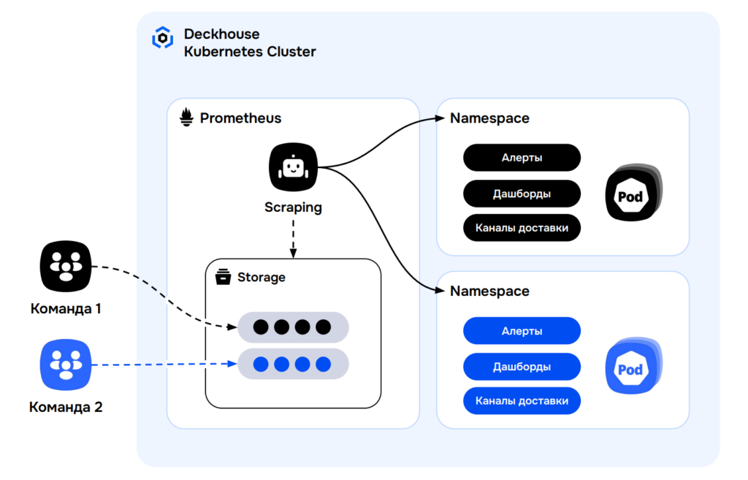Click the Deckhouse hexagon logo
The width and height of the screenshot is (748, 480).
coord(162,38)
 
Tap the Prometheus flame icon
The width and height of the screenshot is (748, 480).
coord(187,118)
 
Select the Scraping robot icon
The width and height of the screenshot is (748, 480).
coord(293,168)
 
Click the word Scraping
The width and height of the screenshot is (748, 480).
coord(293,207)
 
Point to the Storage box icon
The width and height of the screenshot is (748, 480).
coord(223,278)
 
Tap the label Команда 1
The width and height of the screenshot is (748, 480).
coord(66,308)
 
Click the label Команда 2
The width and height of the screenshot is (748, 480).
coord(66,407)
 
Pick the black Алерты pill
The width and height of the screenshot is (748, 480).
coord(522,158)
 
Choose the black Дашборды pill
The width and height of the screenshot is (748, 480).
coord(522,194)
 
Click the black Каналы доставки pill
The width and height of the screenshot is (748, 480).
coord(522,228)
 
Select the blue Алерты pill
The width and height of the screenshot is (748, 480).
coord(522,331)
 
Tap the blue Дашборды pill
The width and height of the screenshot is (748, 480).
coord(522,367)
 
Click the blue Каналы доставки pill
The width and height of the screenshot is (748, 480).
coord(522,401)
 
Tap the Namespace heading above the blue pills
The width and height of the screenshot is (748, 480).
coord(489,291)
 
